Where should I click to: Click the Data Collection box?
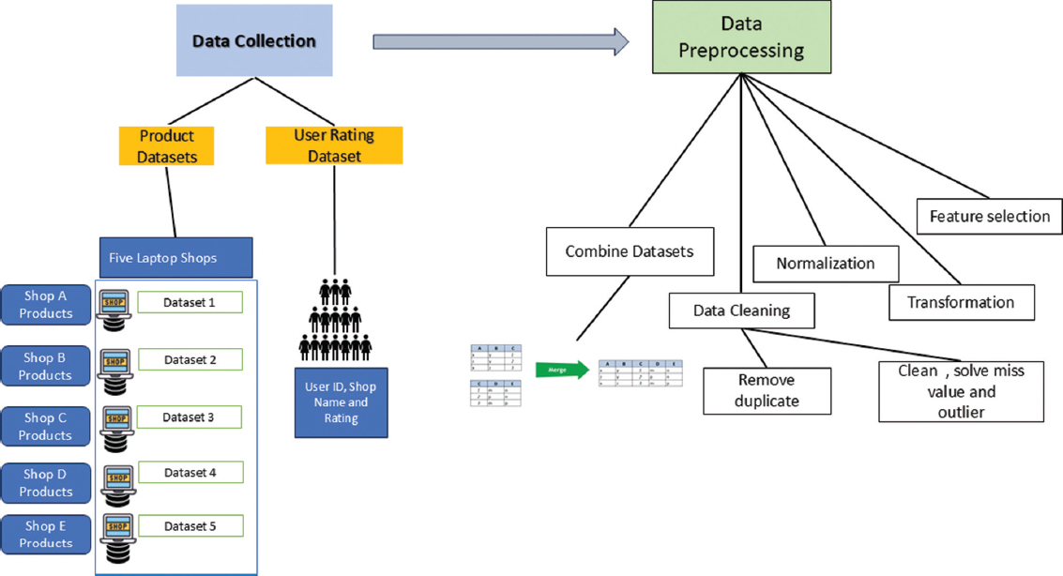pos(254,40)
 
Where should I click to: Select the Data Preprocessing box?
pos(741,37)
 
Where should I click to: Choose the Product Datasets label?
pos(167,146)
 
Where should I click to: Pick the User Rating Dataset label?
pos(334,146)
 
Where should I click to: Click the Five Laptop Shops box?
pos(175,258)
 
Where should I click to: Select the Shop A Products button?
pos(45,304)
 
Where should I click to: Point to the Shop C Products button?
pos(45,426)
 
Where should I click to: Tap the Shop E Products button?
pos(45,534)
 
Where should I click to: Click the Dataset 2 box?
pos(190,359)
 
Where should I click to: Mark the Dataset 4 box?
pos(190,472)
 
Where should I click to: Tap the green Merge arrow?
pos(560,370)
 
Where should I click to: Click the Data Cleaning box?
pos(741,311)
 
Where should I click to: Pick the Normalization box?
pos(825,264)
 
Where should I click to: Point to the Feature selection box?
pos(989,217)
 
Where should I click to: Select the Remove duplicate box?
pos(767,390)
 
